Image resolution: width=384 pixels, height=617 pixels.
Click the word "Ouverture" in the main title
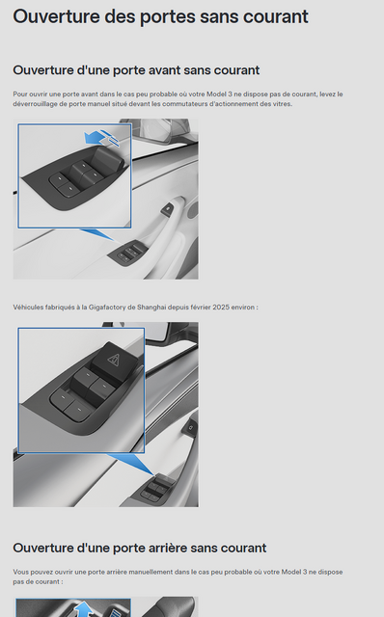56,17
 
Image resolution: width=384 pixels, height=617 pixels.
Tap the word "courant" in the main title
276,17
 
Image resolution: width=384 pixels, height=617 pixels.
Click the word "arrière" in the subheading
176,549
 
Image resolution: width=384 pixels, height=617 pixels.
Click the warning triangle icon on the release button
114,359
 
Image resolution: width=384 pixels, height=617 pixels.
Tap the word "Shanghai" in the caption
151,308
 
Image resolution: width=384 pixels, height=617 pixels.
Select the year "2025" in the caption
221,308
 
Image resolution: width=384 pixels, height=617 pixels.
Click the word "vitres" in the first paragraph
282,104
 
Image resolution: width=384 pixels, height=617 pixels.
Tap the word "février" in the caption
200,308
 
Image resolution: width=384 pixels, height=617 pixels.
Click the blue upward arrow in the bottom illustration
84,609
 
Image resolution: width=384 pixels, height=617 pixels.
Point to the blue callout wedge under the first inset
98,235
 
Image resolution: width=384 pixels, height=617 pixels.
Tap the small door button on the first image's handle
167,208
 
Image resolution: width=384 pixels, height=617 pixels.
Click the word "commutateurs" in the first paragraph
183,104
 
